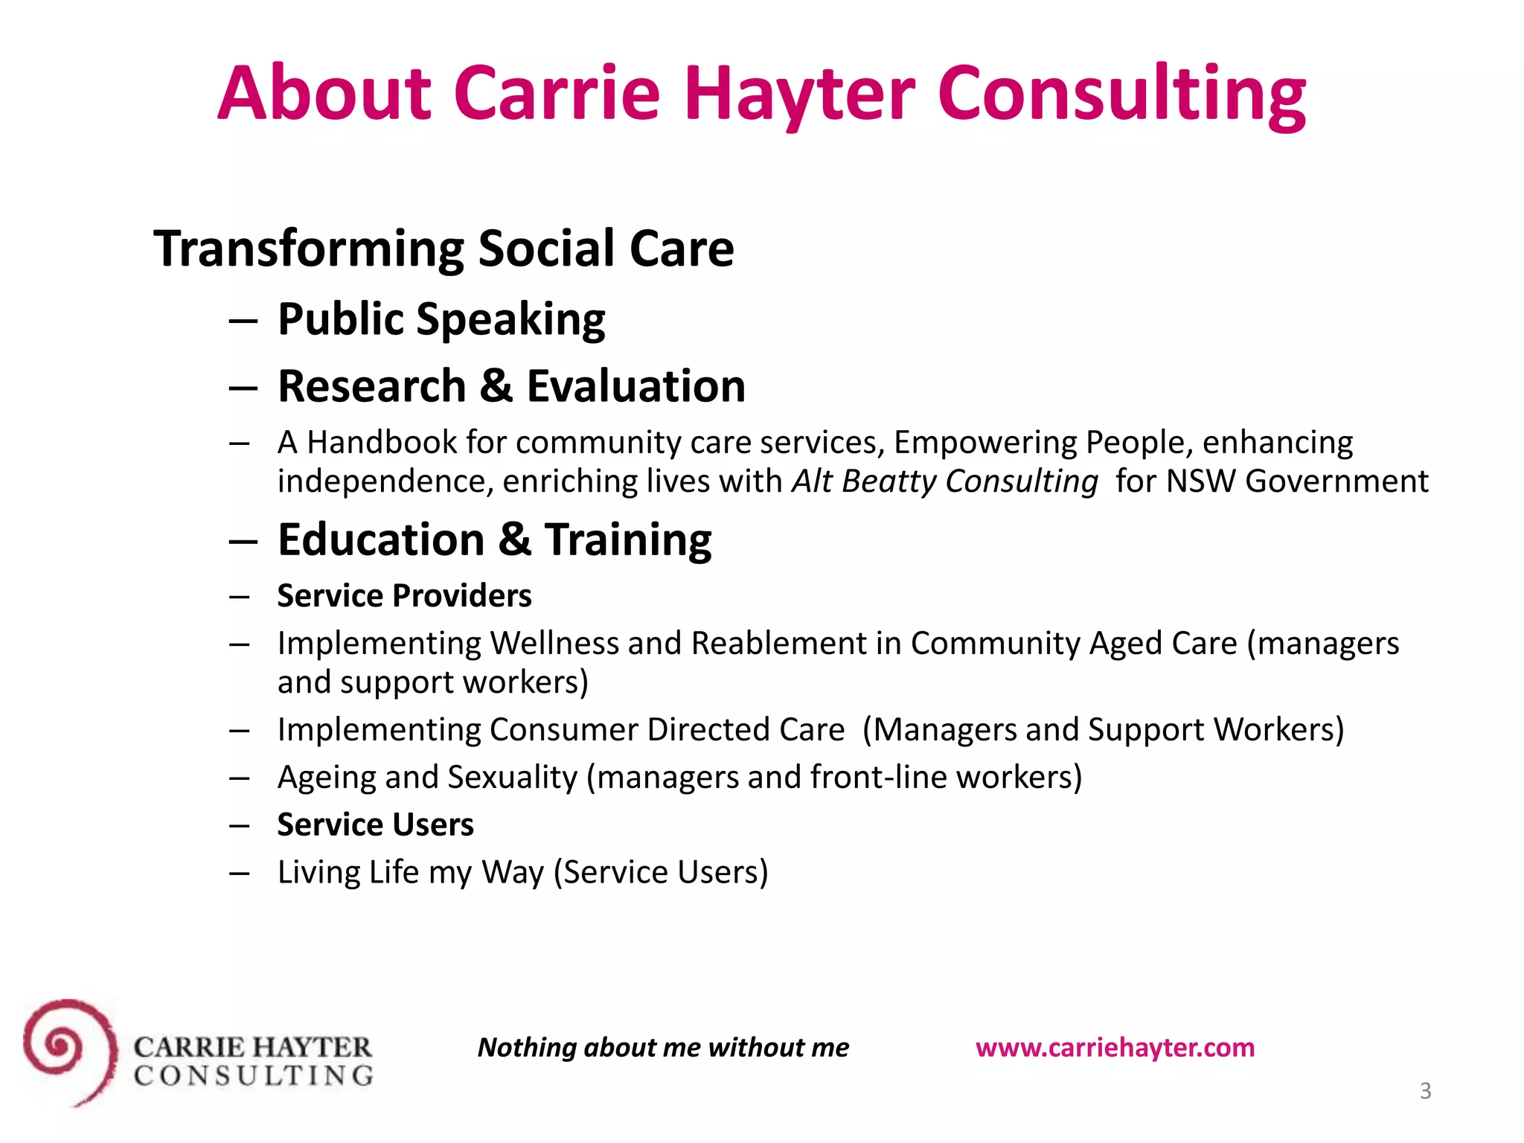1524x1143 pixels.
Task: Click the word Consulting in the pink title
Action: (x=1121, y=95)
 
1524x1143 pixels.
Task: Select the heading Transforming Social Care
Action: (x=444, y=249)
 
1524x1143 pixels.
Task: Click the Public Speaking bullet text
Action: (x=441, y=320)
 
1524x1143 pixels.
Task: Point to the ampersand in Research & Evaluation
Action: (x=496, y=386)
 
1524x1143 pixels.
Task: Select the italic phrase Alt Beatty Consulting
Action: (x=944, y=481)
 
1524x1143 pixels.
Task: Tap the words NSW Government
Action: (x=1297, y=481)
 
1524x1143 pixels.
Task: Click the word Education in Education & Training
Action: (x=381, y=540)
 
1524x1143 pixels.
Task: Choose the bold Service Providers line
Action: (x=404, y=596)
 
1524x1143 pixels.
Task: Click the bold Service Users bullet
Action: (x=375, y=825)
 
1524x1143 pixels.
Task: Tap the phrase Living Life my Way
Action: (x=411, y=873)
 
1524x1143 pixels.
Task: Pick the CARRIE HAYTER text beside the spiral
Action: (x=252, y=1047)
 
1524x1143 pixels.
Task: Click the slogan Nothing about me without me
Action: (x=663, y=1048)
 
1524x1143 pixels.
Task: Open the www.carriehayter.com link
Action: (x=1115, y=1048)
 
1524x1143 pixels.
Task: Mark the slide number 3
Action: (x=1425, y=1091)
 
